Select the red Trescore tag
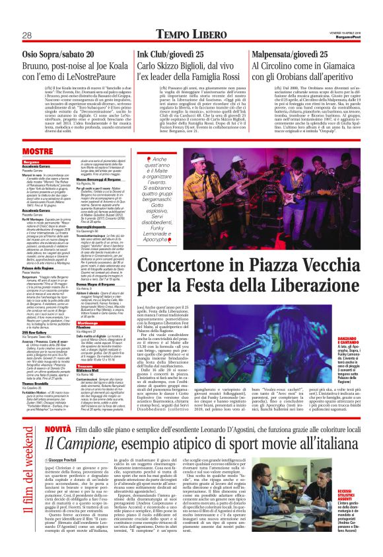pyautogui.click(x=89, y=331)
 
